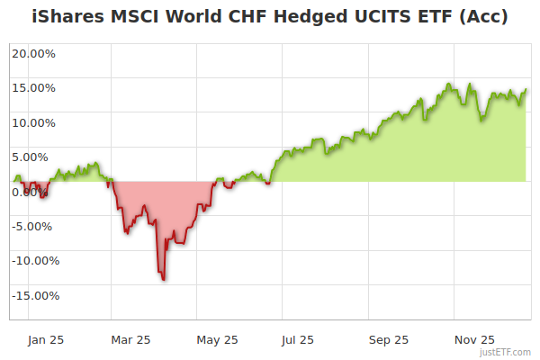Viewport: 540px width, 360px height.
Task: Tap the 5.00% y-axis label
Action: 34,157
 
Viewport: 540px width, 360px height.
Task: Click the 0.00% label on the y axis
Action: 34,192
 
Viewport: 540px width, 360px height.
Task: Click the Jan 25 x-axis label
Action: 46,339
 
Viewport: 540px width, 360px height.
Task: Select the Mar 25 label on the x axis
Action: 130,339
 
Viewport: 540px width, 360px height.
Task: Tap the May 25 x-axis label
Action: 217,339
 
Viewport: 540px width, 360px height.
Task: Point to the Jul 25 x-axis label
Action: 299,339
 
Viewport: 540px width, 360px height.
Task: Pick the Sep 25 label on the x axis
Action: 388,339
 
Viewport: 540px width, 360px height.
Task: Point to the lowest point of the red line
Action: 163,279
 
